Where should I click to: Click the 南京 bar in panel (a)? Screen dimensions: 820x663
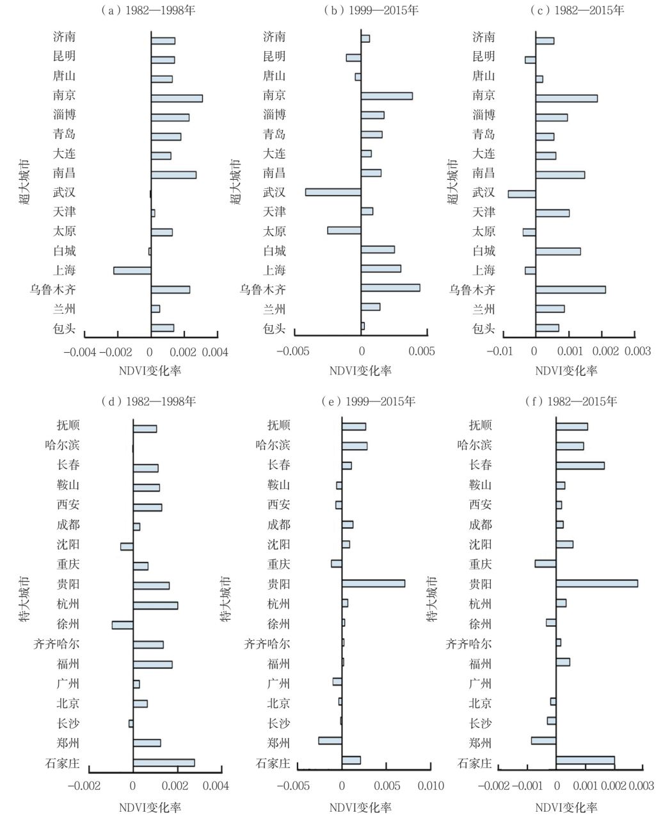click(177, 99)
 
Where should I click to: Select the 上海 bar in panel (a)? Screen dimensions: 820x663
click(132, 271)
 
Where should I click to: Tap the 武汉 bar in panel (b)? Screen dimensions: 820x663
click(333, 193)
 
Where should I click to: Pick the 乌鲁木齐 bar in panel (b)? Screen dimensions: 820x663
click(390, 288)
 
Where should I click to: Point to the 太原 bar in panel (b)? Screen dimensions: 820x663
click(344, 230)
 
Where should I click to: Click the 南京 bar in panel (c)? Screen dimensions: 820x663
click(566, 99)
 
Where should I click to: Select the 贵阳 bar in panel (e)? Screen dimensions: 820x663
click(373, 584)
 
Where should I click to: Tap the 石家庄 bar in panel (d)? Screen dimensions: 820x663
click(164, 763)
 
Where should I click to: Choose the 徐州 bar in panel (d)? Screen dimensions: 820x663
click(122, 625)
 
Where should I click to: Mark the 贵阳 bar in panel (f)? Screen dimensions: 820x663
click(596, 584)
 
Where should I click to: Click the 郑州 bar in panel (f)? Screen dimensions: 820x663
click(543, 741)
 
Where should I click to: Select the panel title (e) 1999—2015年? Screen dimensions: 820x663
click(371, 401)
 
